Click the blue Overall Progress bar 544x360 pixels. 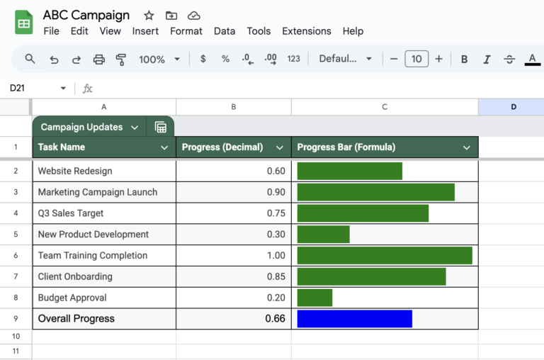point(354,319)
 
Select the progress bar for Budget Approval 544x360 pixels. point(314,298)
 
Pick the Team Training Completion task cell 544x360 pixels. point(93,255)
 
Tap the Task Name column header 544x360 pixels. point(62,147)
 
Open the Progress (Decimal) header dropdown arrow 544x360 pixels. point(279,148)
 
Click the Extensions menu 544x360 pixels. point(306,31)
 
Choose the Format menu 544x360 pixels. point(186,31)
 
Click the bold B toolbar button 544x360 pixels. point(464,59)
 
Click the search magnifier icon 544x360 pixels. point(30,59)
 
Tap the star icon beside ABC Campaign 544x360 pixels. point(149,16)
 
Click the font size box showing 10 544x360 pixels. point(416,59)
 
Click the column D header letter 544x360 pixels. point(513,107)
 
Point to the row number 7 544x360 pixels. point(16,276)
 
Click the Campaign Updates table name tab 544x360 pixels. point(82,128)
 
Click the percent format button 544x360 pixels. point(225,59)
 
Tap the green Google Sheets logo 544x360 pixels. point(24,23)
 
